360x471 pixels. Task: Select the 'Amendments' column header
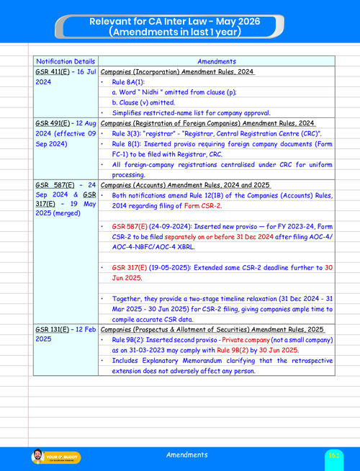pos(217,62)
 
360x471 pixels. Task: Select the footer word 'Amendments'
pos(187,455)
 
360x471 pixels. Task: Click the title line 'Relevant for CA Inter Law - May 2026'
pos(180,22)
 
